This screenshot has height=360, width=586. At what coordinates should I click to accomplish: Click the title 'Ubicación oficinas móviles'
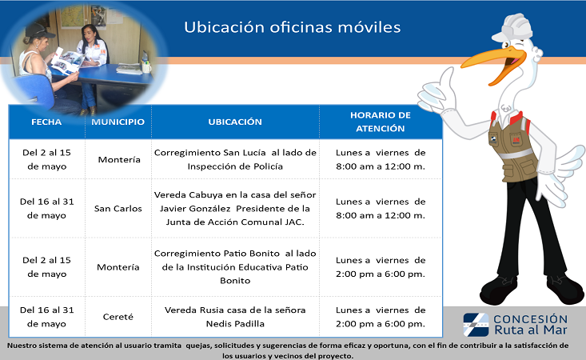293,27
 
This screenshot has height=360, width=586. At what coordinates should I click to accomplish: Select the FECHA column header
46,122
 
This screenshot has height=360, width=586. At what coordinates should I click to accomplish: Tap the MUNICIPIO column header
118,122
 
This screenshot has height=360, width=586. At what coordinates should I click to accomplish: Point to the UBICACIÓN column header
235,122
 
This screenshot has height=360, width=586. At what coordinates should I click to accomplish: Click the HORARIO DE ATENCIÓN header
381,122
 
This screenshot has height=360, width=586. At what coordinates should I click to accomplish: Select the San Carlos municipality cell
118,209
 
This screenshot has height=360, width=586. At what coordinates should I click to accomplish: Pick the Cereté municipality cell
118,317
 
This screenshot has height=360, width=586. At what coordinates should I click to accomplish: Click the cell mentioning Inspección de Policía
235,159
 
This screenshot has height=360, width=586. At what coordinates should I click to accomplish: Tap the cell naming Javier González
235,208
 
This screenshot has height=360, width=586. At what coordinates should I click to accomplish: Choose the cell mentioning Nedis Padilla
235,317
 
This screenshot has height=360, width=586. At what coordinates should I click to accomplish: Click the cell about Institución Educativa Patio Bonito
235,267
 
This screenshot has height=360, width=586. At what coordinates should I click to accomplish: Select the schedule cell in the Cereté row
381,317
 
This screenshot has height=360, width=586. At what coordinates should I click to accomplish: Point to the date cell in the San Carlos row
46,208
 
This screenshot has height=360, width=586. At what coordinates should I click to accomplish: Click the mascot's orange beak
493,63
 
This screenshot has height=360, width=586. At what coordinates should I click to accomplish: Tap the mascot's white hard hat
512,28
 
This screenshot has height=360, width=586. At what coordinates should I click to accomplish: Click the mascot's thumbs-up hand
437,91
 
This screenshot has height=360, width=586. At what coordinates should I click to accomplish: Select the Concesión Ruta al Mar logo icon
476,325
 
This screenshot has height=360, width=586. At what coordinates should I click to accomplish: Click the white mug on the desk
146,67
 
